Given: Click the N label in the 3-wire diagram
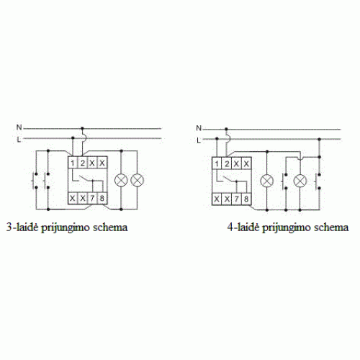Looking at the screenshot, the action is (x=19, y=127).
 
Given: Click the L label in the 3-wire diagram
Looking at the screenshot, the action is (x=19, y=140).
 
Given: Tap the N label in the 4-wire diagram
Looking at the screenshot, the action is (x=199, y=128).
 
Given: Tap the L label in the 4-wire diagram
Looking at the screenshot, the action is (x=199, y=140).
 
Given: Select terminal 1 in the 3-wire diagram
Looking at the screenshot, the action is (x=73, y=163).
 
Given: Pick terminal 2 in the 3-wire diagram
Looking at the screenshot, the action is (x=82, y=163).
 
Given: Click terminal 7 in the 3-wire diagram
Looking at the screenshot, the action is (x=92, y=199).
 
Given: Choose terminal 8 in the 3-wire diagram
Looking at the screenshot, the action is (x=102, y=199).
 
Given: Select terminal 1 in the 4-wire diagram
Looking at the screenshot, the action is (x=217, y=164).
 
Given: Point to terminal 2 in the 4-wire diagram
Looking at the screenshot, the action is (x=227, y=164).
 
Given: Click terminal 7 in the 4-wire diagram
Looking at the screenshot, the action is (x=236, y=199).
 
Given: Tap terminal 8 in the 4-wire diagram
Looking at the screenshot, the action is (x=246, y=199).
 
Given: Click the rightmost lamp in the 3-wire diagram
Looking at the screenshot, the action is (x=138, y=180).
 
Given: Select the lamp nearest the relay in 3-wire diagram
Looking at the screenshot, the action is (x=121, y=180).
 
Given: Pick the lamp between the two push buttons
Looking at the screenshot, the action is (x=300, y=181).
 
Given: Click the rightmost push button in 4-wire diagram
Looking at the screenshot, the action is (x=318, y=181).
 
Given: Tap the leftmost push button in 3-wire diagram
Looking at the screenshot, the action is (x=35, y=180).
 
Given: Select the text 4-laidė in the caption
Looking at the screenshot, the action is (x=243, y=227).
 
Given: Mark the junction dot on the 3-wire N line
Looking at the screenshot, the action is (x=82, y=128).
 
